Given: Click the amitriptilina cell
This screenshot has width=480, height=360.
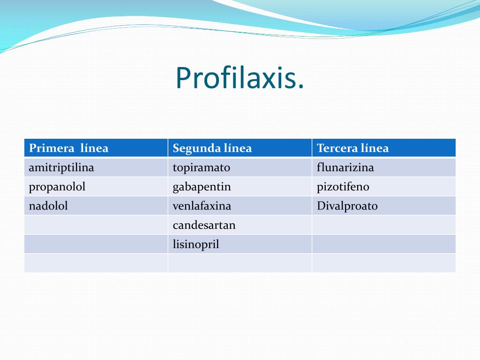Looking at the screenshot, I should [x=61, y=167].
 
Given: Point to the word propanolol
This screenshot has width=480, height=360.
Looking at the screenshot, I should [x=57, y=187].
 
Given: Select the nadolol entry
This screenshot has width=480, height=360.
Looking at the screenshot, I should [x=48, y=206].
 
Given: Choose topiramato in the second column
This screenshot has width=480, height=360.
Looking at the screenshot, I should [x=202, y=167].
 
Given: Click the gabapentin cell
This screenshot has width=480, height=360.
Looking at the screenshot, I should [x=202, y=187].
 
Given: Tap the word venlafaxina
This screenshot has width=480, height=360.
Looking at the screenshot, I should [x=202, y=206].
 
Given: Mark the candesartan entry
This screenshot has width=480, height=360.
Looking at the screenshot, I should [x=204, y=225].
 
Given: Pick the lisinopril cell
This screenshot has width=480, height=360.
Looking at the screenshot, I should [x=196, y=244].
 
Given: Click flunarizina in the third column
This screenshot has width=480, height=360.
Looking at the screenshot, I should [x=345, y=167].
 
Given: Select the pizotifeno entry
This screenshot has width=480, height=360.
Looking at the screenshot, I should [x=343, y=187].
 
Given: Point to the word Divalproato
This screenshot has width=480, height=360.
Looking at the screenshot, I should [x=347, y=206].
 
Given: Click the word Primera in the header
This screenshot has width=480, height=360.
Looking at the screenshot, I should [x=52, y=148].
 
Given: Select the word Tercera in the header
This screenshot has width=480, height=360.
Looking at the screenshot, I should [x=337, y=148].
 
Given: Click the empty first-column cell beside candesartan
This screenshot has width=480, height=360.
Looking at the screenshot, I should [x=96, y=225].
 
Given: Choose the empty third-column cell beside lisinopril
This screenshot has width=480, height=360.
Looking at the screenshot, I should [x=383, y=244].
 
